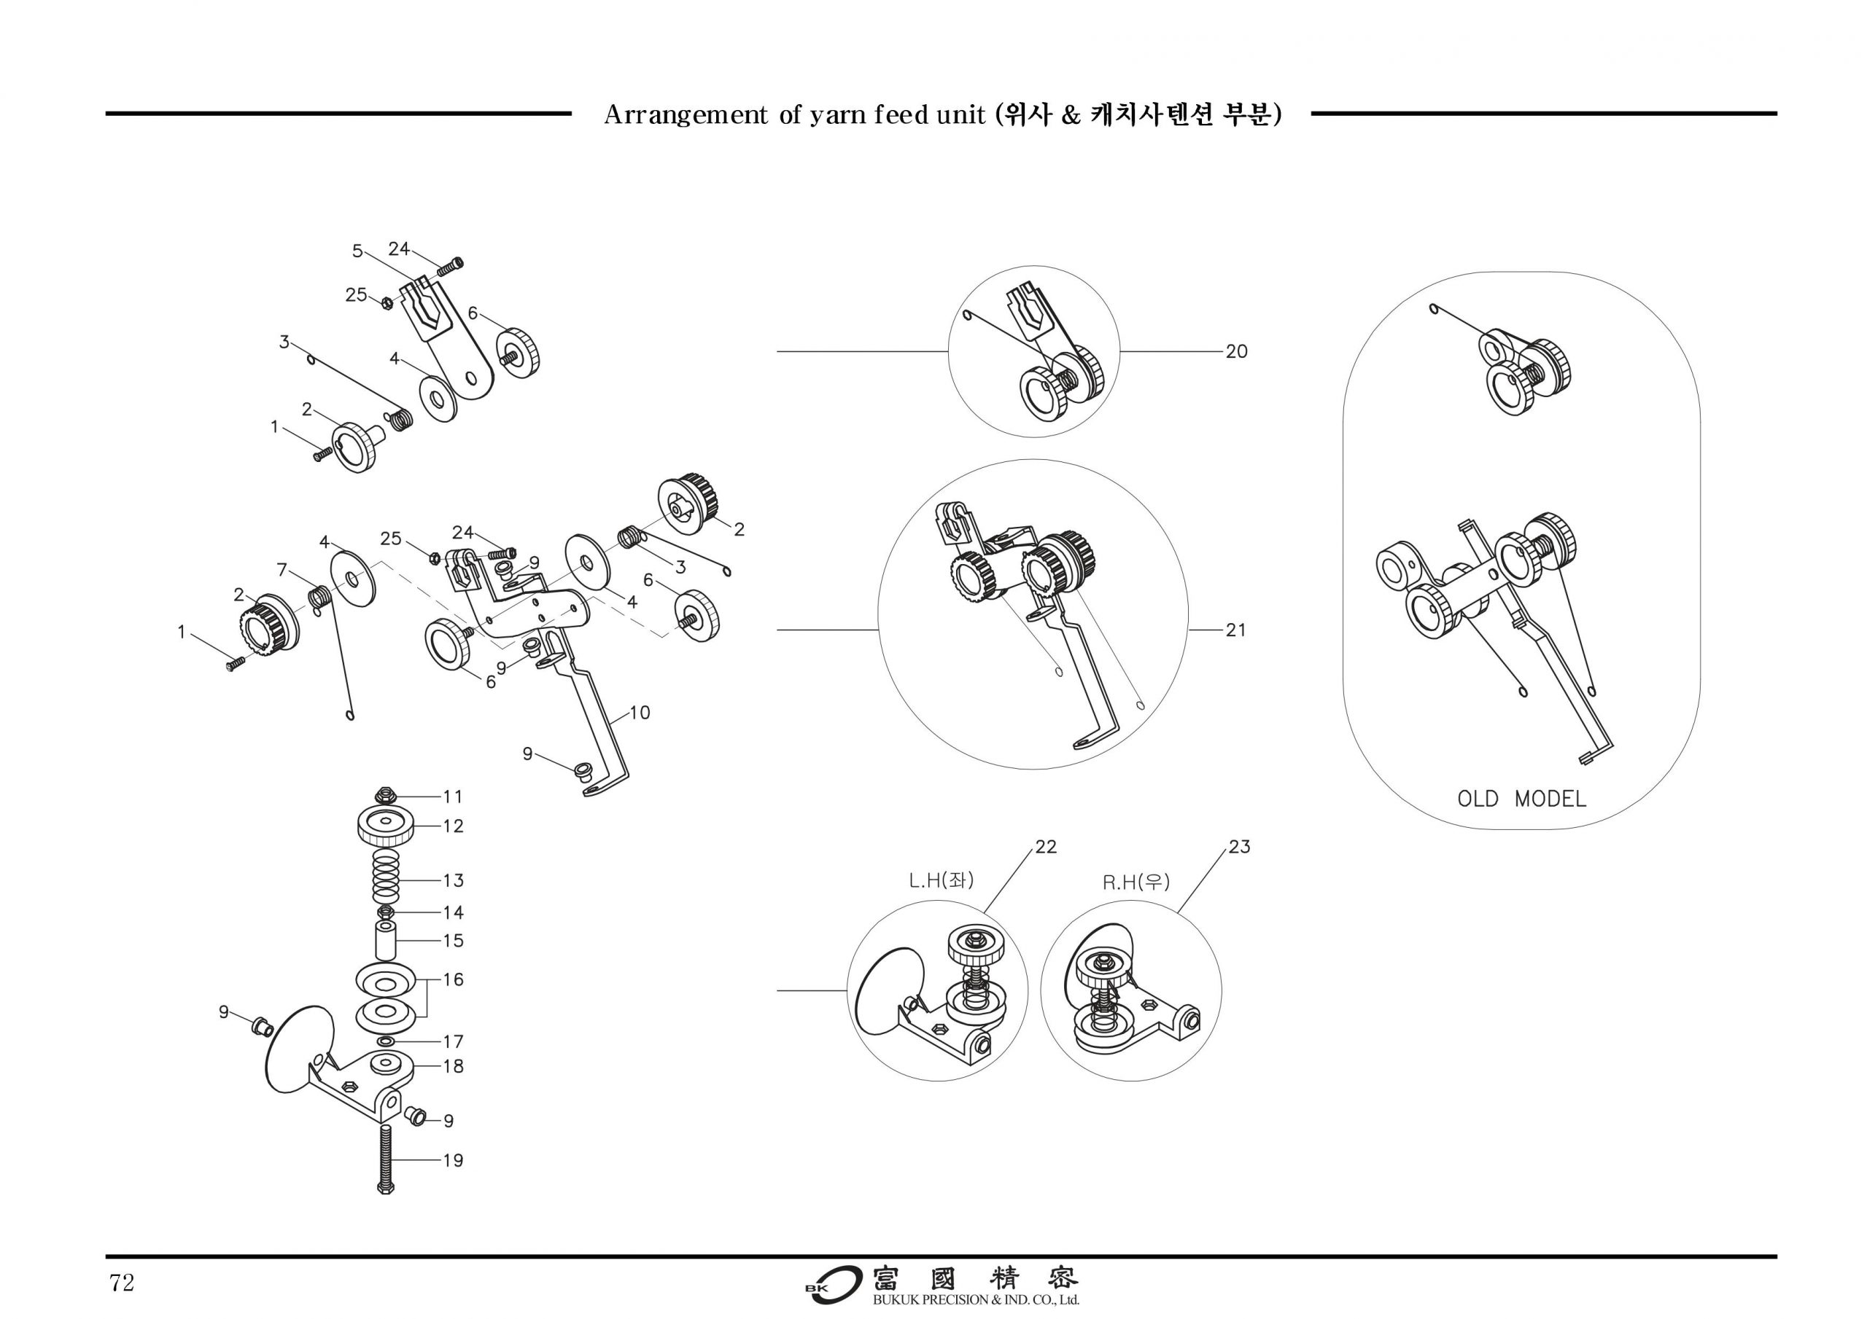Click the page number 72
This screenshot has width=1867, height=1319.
122,1283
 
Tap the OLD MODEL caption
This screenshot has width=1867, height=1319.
1521,799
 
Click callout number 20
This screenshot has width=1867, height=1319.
1236,351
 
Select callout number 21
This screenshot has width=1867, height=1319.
1235,630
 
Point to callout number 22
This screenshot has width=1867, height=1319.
1046,847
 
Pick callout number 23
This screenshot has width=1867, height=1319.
1238,847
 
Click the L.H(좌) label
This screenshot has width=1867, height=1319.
941,880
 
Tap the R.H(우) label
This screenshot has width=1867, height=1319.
1136,882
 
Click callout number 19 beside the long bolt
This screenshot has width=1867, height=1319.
453,1161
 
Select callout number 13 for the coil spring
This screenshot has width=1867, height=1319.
453,880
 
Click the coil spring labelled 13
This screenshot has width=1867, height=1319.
387,880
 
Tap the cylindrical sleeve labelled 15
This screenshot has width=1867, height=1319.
386,940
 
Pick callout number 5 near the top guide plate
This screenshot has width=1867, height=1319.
357,251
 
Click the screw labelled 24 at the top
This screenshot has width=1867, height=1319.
451,264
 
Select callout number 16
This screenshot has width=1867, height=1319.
453,979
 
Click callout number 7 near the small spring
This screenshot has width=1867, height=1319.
282,570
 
